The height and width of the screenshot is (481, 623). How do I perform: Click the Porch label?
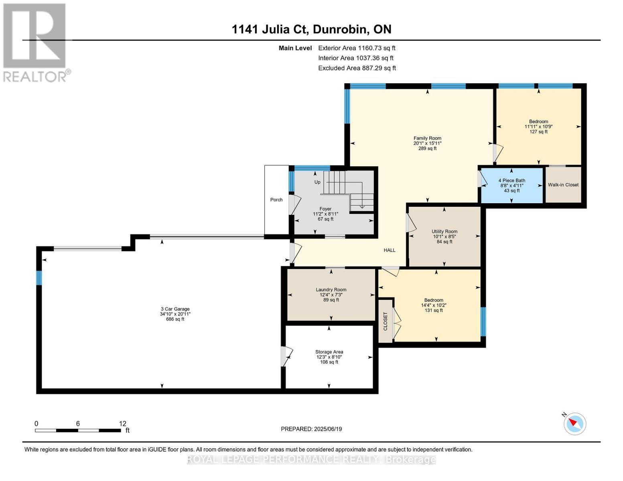point(276,200)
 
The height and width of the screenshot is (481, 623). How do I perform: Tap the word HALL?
point(390,250)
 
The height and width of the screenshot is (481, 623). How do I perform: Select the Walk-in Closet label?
point(563,185)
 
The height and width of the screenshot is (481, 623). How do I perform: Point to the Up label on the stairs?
point(317,182)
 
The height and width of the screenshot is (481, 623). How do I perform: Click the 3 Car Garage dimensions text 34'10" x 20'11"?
point(175,314)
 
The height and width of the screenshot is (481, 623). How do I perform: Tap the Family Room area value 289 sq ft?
point(428,148)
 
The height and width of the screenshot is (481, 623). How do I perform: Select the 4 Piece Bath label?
point(512,180)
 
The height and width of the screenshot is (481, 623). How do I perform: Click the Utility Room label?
point(444,231)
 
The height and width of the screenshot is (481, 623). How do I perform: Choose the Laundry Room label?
point(331,290)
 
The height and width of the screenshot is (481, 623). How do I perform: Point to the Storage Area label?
point(329,352)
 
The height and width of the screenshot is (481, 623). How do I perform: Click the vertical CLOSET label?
point(386,321)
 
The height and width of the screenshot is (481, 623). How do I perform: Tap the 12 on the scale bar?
point(123,423)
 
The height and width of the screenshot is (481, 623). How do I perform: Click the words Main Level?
point(295,48)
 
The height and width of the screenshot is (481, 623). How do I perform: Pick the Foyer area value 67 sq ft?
point(325,219)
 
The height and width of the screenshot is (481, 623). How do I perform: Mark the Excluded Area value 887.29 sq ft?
point(377,68)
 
